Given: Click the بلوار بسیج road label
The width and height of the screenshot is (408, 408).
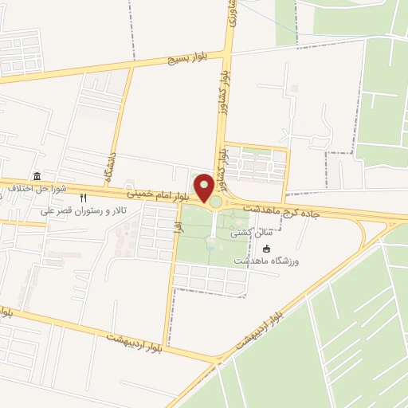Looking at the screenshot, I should [186, 58].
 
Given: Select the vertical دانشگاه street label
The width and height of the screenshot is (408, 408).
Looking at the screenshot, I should [108, 168].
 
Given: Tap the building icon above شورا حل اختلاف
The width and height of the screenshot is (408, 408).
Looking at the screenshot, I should [37, 176].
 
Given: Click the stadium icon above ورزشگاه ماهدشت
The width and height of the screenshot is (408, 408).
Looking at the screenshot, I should [267, 248].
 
